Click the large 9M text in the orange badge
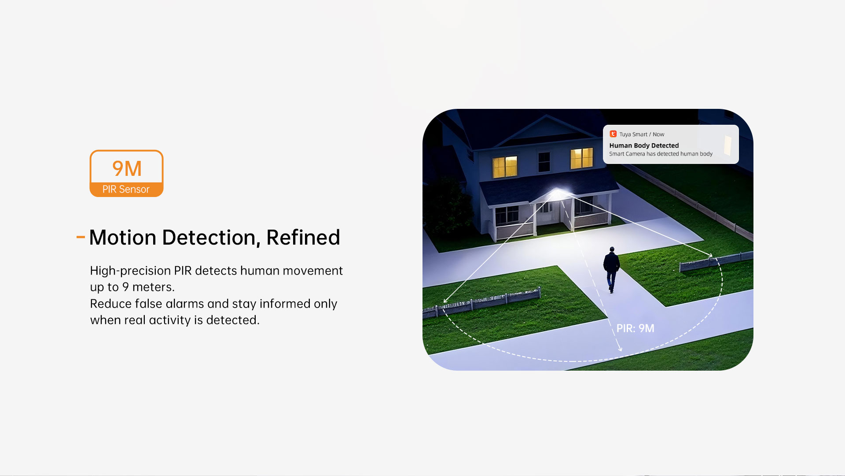[x=127, y=168]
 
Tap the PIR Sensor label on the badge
[x=126, y=189]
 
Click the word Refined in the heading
[x=303, y=237]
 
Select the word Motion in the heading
[x=123, y=237]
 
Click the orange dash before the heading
[x=81, y=237]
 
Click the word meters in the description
[x=153, y=287]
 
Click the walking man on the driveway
[x=611, y=269]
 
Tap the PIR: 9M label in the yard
[x=635, y=328]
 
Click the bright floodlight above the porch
[x=558, y=193]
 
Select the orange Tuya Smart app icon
[x=613, y=134]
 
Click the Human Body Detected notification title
[x=644, y=145]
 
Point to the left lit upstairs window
[x=505, y=167]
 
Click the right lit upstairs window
[x=582, y=158]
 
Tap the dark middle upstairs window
[x=544, y=162]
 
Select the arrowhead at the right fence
[x=709, y=255]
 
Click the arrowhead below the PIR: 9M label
[x=620, y=349]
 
